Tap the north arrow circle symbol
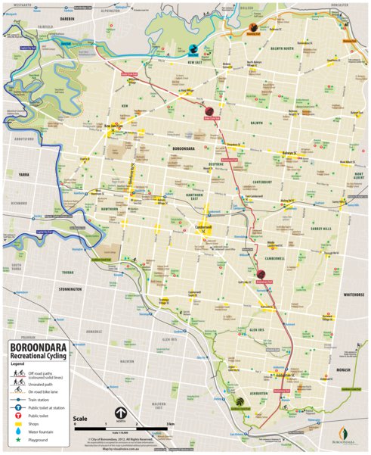coord(120,413)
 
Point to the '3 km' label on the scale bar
coord(172,424)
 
